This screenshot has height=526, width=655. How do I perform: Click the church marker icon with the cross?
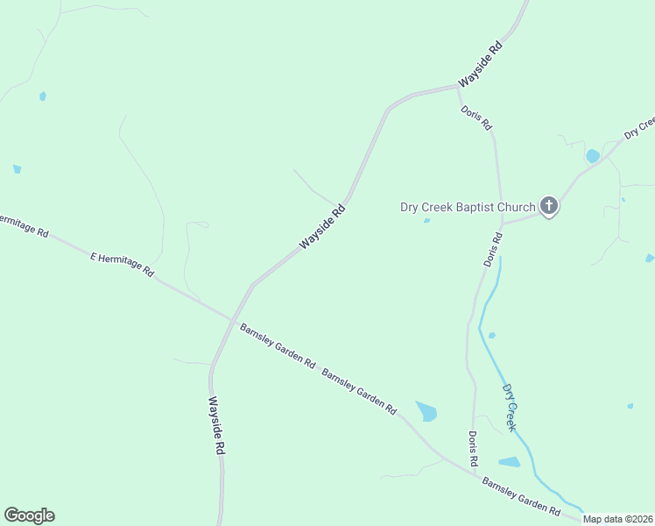coord(549,206)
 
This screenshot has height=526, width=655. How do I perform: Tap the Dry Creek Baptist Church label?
coord(467,208)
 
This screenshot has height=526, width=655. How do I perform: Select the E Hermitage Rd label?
coord(122,264)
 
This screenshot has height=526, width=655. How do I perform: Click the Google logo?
coord(29,515)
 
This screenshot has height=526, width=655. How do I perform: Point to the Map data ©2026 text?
coord(618,519)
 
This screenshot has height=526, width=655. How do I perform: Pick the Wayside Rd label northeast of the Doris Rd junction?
coord(482,62)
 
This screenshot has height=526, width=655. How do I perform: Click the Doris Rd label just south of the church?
coord(493,249)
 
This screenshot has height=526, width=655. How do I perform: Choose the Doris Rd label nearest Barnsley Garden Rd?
coord(473,448)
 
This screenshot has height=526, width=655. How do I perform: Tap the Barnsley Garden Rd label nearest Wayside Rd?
coord(277,345)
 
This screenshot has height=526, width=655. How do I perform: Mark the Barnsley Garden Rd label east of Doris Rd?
coord(520,496)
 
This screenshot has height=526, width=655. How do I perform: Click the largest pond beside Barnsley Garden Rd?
coord(426,410)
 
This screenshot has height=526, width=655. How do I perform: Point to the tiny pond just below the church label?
coord(426,221)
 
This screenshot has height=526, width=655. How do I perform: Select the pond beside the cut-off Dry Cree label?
coord(593,156)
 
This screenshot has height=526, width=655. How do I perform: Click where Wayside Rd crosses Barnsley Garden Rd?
coord(232,319)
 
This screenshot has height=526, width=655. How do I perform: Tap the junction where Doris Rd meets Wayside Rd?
coord(457,87)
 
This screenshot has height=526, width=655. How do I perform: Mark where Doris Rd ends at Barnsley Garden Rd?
coord(475,476)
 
